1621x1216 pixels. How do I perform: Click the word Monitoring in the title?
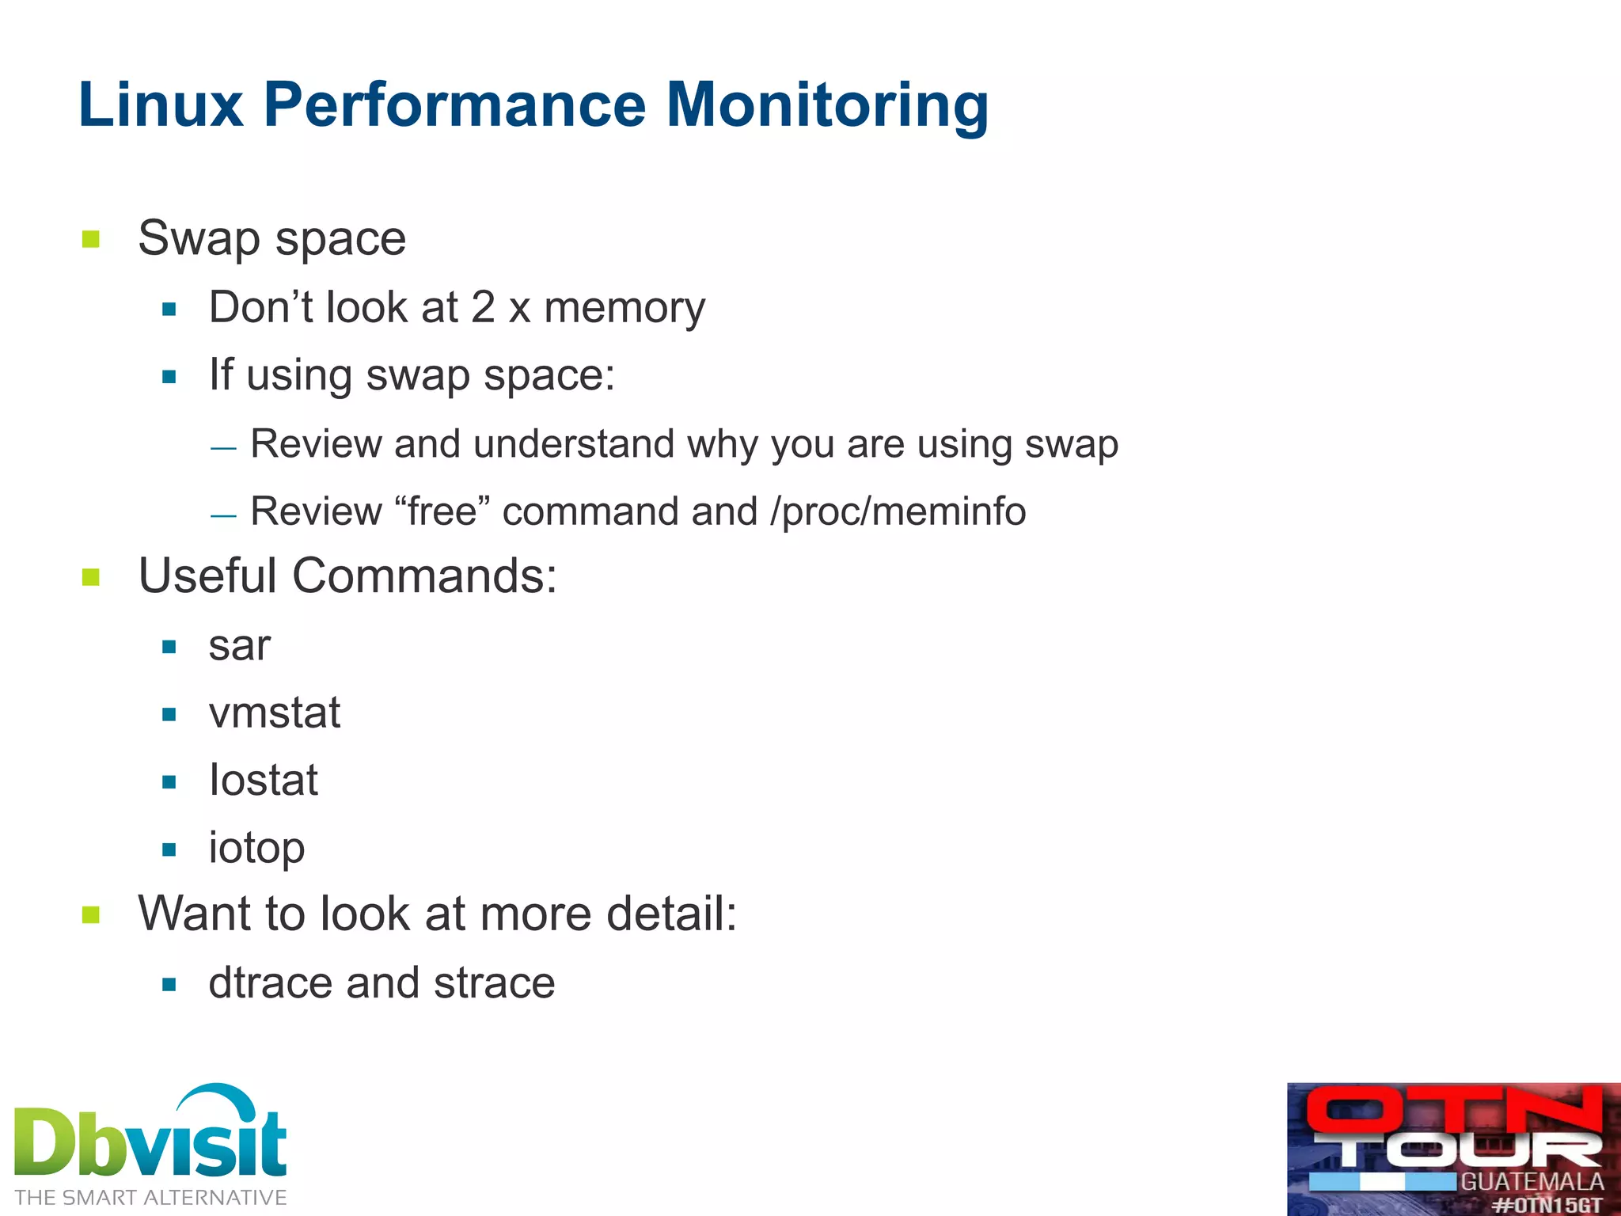coord(827,105)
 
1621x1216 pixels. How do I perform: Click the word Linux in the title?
coord(161,105)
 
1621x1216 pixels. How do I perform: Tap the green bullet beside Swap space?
coord(91,239)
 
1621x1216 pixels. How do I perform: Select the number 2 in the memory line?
coord(483,307)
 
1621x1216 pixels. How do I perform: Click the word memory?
coord(624,309)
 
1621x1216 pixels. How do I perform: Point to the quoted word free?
coord(442,511)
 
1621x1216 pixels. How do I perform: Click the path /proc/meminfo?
coord(898,511)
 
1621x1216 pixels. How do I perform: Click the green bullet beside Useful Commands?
coord(91,577)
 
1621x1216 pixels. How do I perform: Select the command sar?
coord(239,646)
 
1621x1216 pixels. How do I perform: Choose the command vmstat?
coord(274,713)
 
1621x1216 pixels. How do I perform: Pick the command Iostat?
coord(263,781)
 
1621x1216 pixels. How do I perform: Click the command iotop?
coord(256,849)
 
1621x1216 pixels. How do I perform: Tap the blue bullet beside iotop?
coord(169,850)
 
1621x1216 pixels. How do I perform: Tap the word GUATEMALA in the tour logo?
coord(1532,1182)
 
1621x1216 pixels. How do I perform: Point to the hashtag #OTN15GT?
coord(1547,1205)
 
